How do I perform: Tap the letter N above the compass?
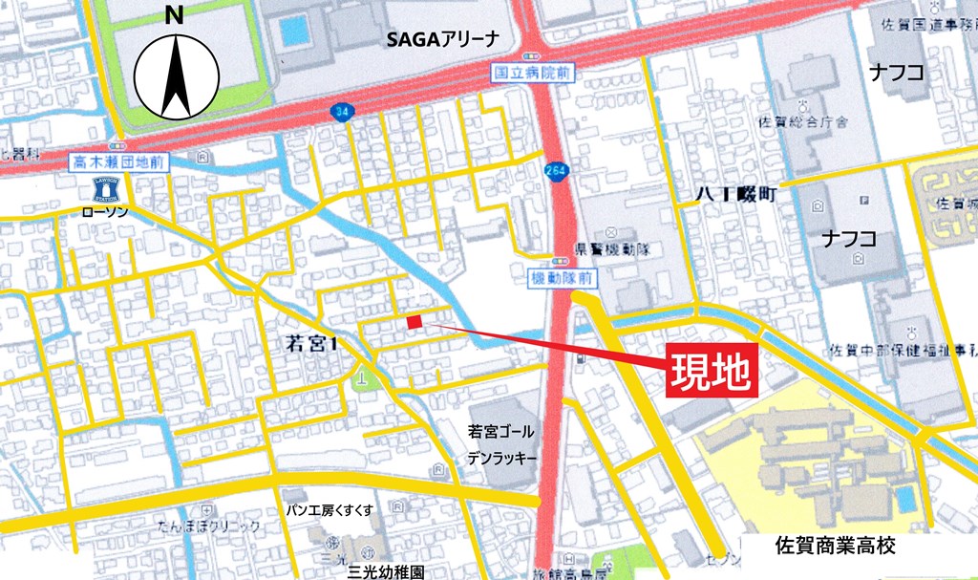[174, 14]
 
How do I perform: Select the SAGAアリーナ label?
[442, 39]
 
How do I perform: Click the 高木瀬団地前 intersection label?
[120, 163]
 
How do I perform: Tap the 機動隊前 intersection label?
[563, 279]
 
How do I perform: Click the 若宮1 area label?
[313, 344]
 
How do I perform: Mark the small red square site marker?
[414, 322]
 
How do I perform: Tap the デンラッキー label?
[501, 458]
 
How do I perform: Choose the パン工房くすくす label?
[330, 510]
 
